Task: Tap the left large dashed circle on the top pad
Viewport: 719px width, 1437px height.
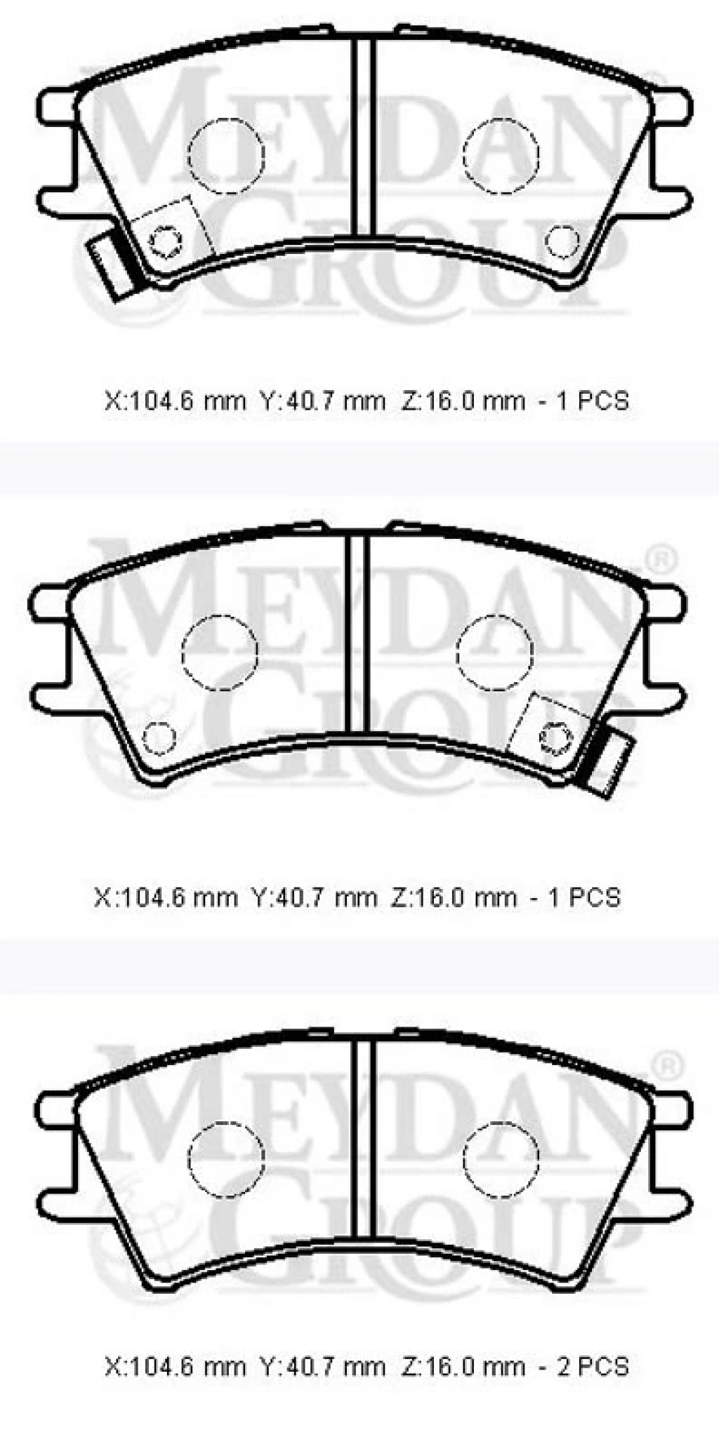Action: tap(226, 155)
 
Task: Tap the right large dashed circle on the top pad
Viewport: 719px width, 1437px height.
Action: tap(501, 155)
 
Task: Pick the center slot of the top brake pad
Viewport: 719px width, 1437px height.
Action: tap(362, 136)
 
